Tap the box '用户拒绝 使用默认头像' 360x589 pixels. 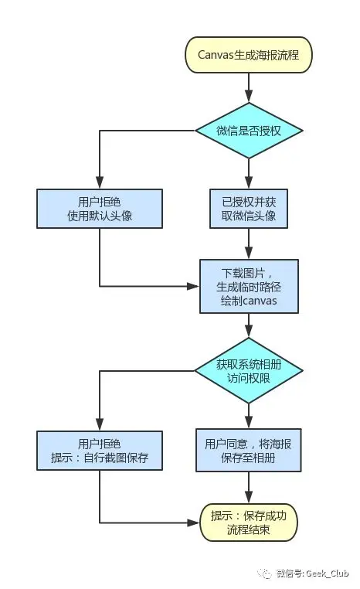click(100, 208)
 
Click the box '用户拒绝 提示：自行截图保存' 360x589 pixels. click(100, 451)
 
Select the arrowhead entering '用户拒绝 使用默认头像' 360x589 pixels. click(100, 182)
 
